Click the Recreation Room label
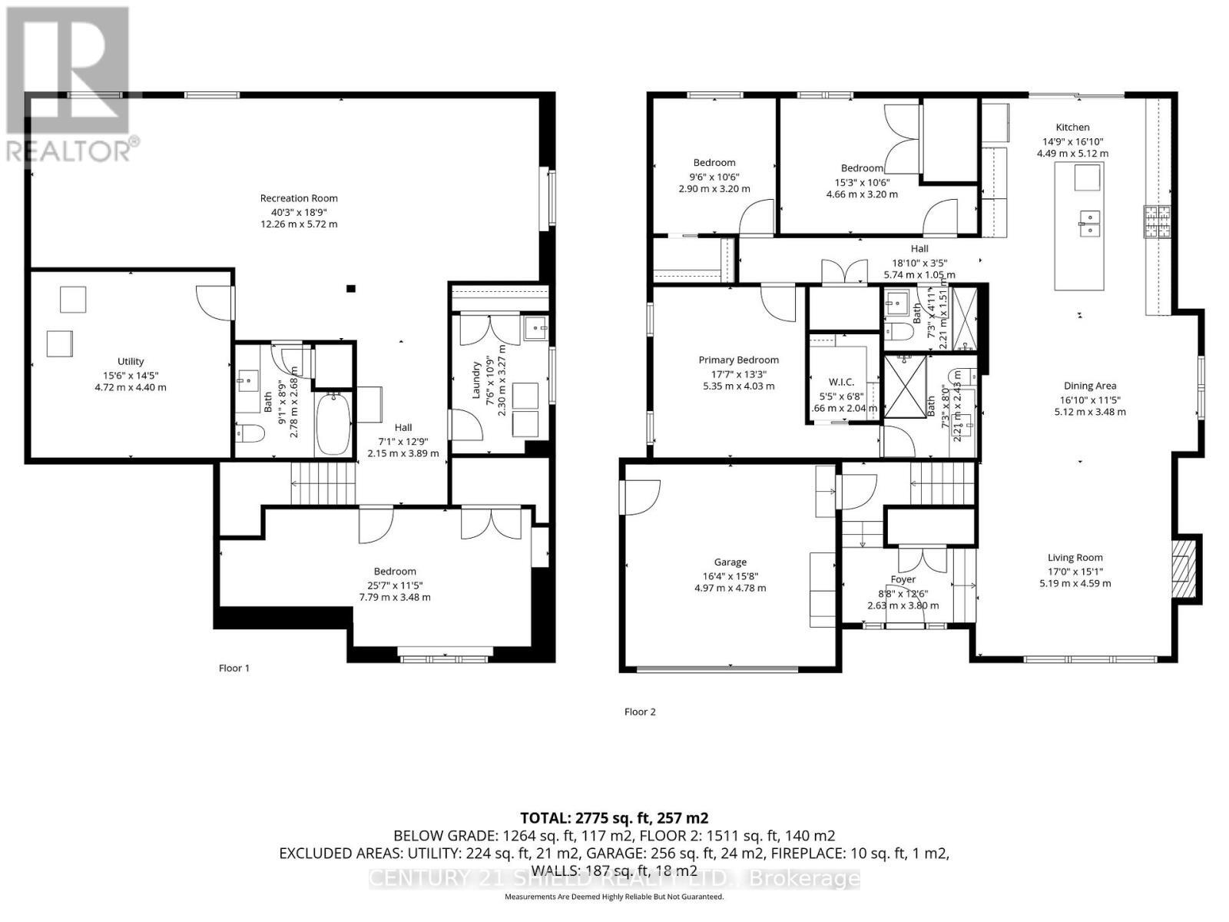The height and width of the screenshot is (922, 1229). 299,198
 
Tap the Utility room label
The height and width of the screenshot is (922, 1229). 131,361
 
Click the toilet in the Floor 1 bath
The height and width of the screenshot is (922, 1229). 250,434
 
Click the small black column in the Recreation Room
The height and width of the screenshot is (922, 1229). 350,289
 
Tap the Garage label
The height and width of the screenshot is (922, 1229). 730,562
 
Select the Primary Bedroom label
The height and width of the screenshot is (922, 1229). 738,360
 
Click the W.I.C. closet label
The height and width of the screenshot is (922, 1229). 841,382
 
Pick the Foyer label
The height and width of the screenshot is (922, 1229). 903,579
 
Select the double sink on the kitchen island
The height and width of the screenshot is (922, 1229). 1089,223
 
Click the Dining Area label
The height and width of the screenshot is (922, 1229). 1090,386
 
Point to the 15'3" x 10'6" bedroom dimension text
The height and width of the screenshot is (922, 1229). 861,182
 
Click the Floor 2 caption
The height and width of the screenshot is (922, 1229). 640,712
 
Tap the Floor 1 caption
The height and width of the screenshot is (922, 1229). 234,668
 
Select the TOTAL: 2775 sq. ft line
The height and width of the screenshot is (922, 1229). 614,818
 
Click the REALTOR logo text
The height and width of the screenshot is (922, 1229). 69,150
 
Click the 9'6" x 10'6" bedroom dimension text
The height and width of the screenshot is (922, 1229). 714,176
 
